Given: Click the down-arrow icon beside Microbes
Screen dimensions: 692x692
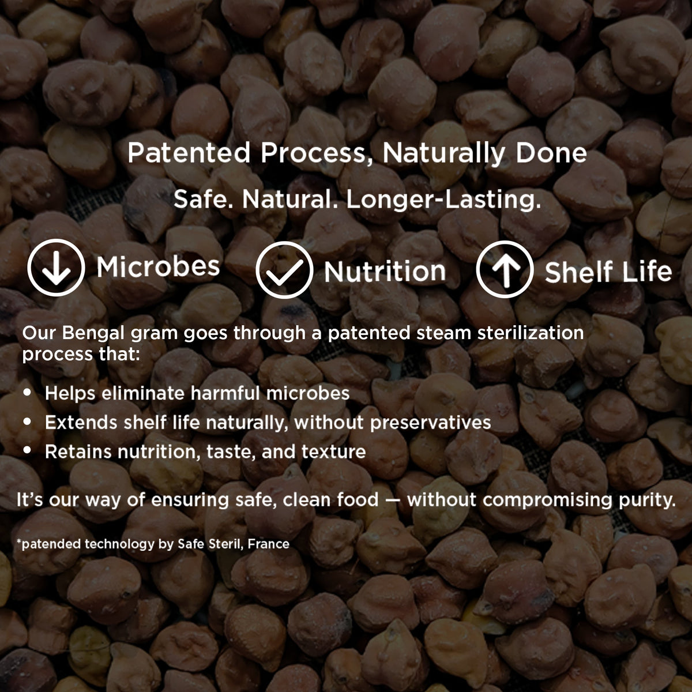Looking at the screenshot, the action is point(56,268).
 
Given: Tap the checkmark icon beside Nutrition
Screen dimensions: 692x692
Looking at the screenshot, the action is point(284,270).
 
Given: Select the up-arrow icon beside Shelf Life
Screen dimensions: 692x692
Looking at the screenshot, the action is point(505,269).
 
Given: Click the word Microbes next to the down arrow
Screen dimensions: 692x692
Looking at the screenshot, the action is point(158,267).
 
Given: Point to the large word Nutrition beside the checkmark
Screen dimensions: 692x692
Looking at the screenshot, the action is point(385,272).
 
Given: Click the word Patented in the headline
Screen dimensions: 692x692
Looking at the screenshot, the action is point(189,153).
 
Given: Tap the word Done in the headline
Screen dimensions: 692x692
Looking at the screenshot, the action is point(551,153).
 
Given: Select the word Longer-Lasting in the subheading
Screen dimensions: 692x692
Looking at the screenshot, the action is point(443,200).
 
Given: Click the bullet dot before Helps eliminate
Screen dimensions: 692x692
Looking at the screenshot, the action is point(27,392).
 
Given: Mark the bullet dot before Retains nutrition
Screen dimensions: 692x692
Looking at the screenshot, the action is point(27,450).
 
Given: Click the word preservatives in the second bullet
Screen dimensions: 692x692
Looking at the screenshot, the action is point(431,423).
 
